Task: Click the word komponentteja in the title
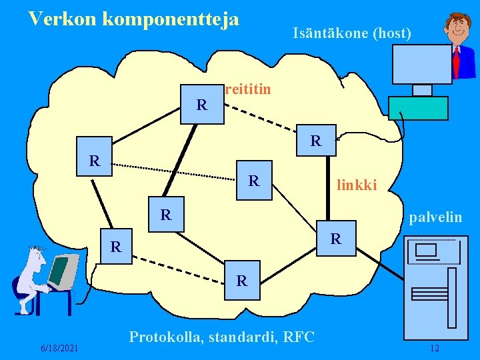pos(171,19)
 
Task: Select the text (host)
pos(389,32)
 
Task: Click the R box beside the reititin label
pos(203,104)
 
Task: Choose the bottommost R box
pos(242,281)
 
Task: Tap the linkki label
pos(357,185)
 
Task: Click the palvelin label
pos(435,217)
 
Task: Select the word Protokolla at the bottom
pos(165,337)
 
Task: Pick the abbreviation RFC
pos(299,337)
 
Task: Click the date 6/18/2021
pos(59,348)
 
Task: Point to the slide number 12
pos(435,348)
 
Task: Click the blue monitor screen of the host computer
pos(421,65)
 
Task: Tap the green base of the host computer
pos(418,108)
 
